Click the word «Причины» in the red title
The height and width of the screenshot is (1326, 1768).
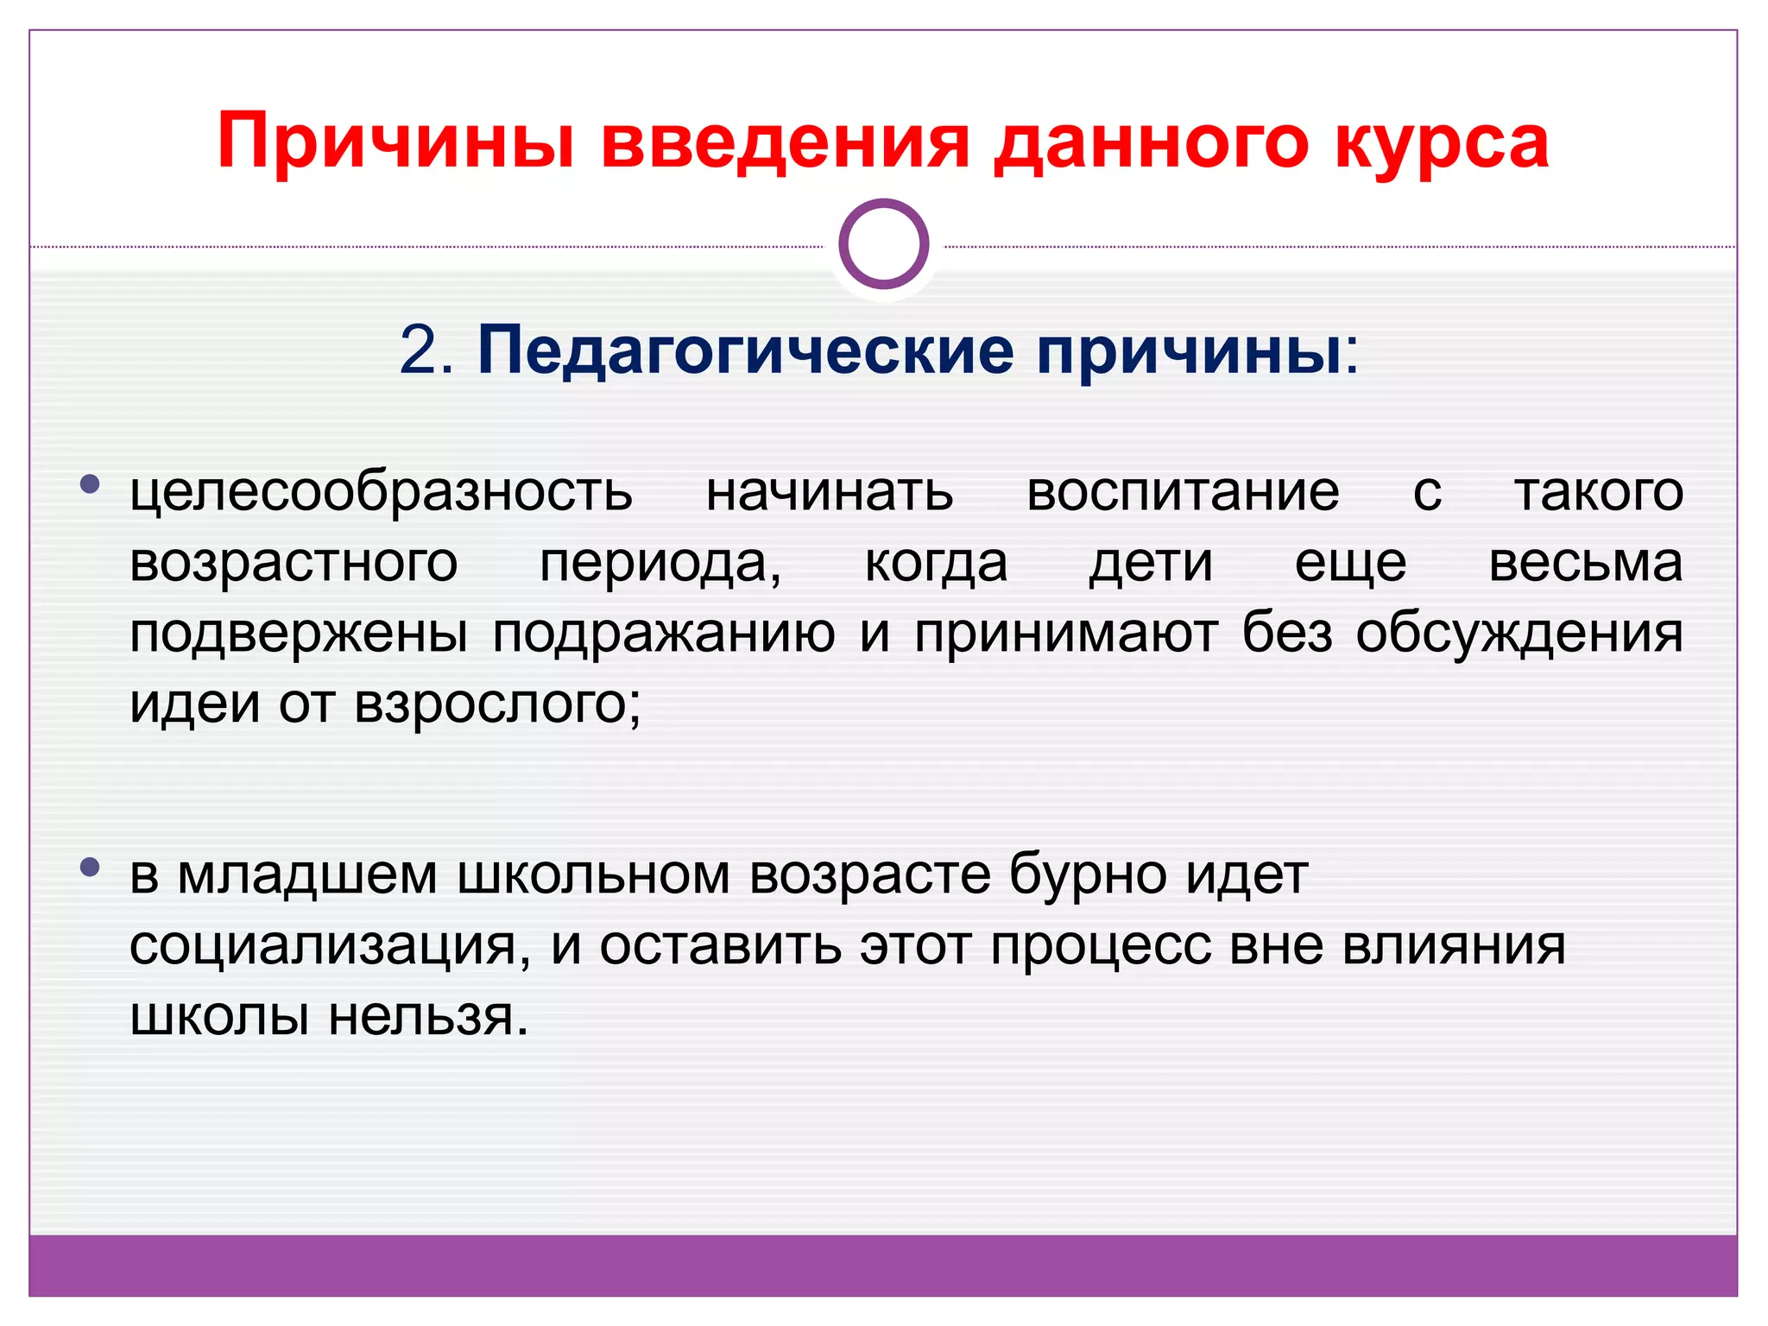(395, 142)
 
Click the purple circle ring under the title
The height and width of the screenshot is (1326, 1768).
(883, 243)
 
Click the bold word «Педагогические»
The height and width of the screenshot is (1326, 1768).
(745, 351)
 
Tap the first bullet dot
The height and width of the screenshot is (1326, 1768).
(89, 484)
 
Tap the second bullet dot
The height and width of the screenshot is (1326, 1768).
(89, 867)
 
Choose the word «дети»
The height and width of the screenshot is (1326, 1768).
(1151, 563)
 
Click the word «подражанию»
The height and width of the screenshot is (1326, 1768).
(664, 634)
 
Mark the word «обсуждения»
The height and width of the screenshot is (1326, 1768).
(1519, 634)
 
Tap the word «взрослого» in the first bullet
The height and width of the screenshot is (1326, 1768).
(497, 704)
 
